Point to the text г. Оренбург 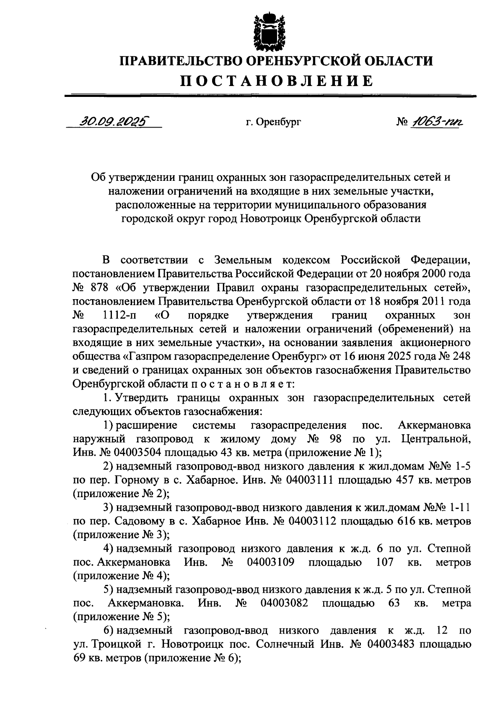coord(273,123)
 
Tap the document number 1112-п coord(117,315)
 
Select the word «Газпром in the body coord(146,357)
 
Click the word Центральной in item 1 coord(436,439)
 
